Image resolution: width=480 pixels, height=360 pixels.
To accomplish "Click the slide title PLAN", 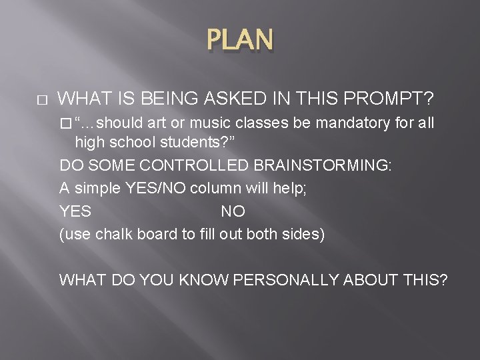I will (240, 41).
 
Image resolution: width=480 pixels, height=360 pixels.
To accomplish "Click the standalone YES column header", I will (75, 212).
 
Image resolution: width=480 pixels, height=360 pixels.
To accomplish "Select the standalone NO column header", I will (233, 212).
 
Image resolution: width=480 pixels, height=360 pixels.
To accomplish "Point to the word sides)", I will (305, 235).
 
